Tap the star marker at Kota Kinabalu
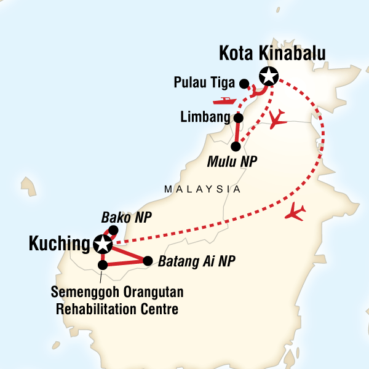(x=268, y=76)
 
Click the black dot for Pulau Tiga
(x=244, y=84)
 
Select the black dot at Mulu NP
(x=236, y=146)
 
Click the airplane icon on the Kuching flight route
(x=296, y=212)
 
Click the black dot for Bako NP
(x=113, y=231)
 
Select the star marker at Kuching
(x=101, y=244)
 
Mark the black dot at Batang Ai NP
(x=148, y=261)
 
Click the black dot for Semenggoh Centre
(x=103, y=265)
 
